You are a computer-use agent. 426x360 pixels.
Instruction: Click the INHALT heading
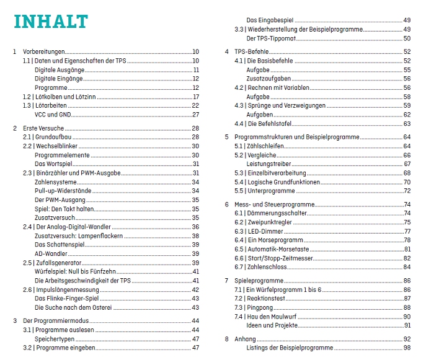pyautogui.click(x=51, y=21)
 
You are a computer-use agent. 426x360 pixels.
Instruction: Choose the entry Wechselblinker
pyautogui.click(x=60, y=146)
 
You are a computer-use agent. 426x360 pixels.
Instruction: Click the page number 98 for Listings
pyautogui.click(x=407, y=348)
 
